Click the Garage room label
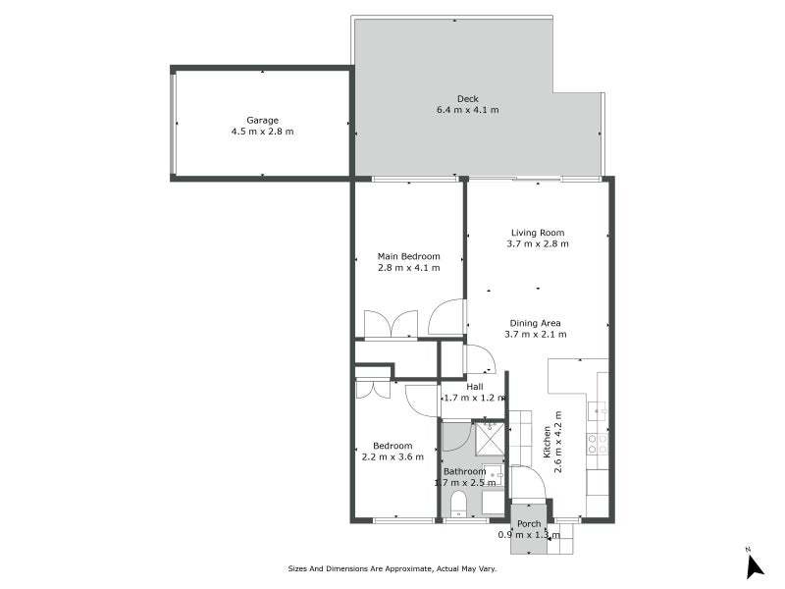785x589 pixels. pyautogui.click(x=262, y=120)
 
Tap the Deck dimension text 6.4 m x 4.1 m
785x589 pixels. pyautogui.click(x=467, y=109)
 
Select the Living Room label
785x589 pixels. pyautogui.click(x=538, y=233)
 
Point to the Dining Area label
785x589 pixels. pyautogui.click(x=535, y=323)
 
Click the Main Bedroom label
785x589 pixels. pyautogui.click(x=408, y=256)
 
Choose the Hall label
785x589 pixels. pyautogui.click(x=474, y=387)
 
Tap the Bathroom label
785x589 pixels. pyautogui.click(x=464, y=471)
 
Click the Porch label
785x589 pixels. pyautogui.click(x=529, y=523)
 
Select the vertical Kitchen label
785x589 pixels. pyautogui.click(x=547, y=442)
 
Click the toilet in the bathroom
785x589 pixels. pyautogui.click(x=457, y=505)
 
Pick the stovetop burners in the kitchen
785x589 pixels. pyautogui.click(x=597, y=444)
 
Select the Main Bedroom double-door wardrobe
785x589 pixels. pyautogui.click(x=391, y=325)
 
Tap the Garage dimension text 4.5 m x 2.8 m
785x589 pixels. pyautogui.click(x=262, y=132)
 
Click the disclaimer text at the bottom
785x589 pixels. pyautogui.click(x=392, y=568)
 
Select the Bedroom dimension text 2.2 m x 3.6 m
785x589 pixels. pyautogui.click(x=392, y=455)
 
